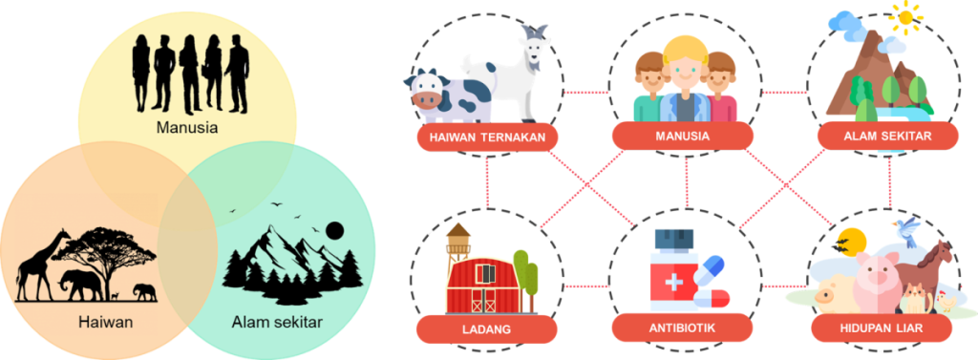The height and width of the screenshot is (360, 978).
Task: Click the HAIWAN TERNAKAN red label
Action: tap(486, 138)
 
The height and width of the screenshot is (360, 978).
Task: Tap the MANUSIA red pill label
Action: tap(683, 136)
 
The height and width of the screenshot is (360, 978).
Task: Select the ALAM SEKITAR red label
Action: tap(887, 136)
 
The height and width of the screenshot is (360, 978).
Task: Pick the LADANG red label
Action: tap(486, 328)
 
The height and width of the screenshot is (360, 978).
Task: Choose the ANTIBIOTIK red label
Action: tap(683, 328)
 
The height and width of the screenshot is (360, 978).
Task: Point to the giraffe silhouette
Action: tap(38, 265)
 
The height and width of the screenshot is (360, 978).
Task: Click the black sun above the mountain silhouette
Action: tap(335, 231)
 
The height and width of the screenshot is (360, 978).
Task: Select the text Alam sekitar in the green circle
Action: tap(277, 323)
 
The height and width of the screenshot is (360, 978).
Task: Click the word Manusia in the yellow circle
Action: tap(187, 129)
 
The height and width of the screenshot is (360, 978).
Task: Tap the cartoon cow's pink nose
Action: tap(426, 99)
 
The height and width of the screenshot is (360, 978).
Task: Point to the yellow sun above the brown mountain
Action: tap(906, 17)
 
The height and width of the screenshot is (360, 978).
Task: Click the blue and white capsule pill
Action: tap(710, 273)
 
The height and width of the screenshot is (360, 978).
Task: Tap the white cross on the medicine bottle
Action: tap(673, 283)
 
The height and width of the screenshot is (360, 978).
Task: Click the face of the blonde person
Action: tap(684, 70)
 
